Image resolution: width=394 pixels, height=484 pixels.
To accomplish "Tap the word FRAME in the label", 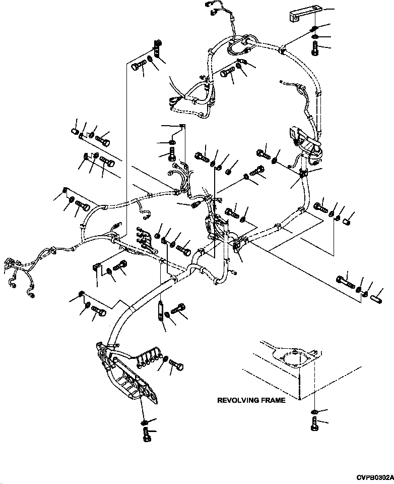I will pos(273,400).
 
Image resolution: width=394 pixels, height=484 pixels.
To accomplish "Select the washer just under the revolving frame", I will pos(314,412).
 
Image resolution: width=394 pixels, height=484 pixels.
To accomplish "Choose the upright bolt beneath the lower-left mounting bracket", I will pos(146,434).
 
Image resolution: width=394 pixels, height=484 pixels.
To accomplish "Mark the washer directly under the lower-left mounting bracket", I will pos(145,421).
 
